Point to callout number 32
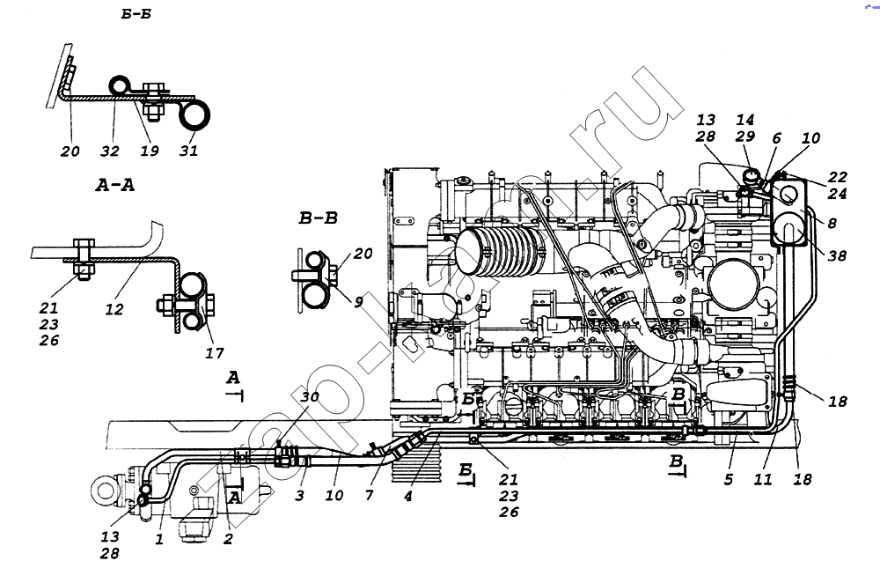point(109,151)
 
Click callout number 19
point(149,151)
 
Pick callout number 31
point(187,151)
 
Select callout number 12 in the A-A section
point(114,309)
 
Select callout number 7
point(370,496)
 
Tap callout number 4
point(407,496)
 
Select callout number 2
point(228,538)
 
